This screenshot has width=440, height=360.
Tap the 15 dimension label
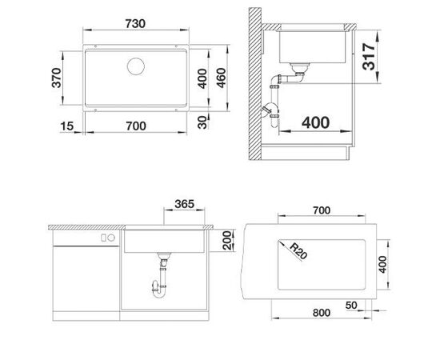tap(66, 126)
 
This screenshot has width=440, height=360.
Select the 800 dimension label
tap(319, 314)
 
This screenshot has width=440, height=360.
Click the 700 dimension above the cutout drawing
tap(320, 211)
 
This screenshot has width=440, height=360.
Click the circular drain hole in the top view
tap(134, 66)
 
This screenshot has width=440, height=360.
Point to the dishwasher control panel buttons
tap(104, 238)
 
